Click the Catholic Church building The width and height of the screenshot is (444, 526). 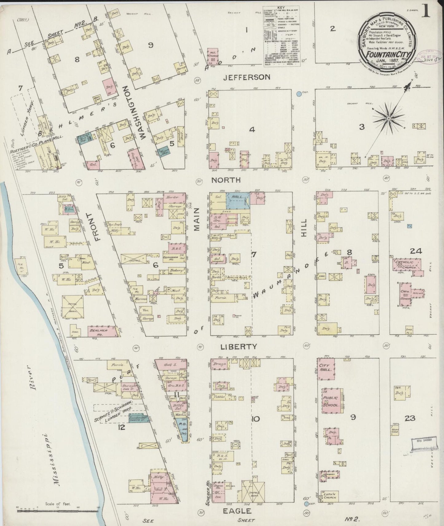click(x=406, y=265)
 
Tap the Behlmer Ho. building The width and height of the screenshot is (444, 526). click(x=102, y=331)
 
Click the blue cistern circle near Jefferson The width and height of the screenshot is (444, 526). click(x=299, y=93)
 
